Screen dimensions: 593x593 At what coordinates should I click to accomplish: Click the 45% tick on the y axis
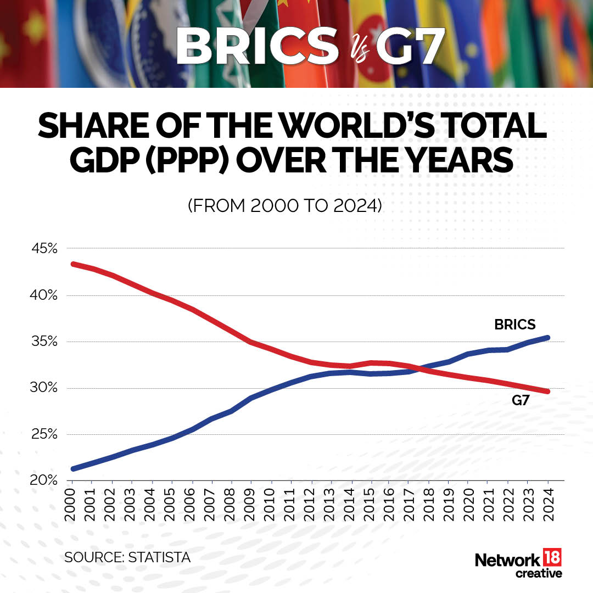click(44, 249)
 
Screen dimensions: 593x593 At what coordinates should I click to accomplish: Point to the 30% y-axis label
click(44, 388)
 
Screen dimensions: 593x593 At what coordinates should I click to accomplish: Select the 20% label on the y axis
click(44, 481)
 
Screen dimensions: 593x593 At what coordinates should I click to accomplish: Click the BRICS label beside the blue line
click(514, 325)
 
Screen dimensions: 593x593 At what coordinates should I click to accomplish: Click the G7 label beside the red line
click(521, 401)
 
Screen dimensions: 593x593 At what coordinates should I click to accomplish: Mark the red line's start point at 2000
click(73, 264)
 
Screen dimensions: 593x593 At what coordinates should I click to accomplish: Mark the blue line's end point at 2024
click(547, 338)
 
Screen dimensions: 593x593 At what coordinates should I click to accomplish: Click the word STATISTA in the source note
click(159, 557)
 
